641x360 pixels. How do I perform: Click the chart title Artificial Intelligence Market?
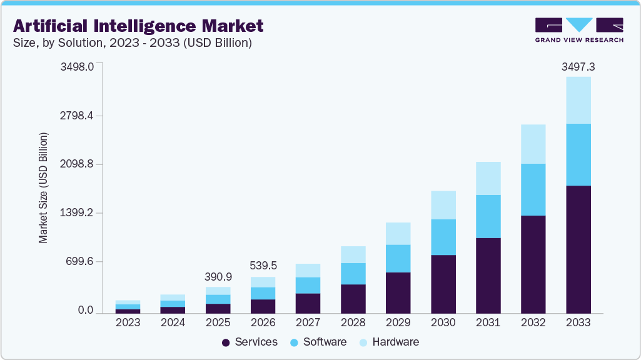pos(138,26)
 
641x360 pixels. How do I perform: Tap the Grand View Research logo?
pos(579,29)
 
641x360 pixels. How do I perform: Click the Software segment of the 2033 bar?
pos(578,154)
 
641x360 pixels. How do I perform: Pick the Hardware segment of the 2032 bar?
pos(533,144)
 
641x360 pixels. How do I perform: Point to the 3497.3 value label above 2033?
pos(578,66)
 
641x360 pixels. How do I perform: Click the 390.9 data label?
pos(218,276)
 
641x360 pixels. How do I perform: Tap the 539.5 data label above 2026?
pos(263,266)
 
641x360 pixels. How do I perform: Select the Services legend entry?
pos(250,342)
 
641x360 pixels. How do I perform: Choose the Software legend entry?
pos(318,342)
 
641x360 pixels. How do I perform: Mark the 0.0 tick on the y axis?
pos(85,311)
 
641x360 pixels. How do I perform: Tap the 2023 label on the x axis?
pos(128,323)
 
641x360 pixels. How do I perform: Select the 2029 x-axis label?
pos(398,323)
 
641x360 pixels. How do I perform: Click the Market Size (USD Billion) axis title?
pos(43,187)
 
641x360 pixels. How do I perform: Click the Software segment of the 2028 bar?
pos(353,273)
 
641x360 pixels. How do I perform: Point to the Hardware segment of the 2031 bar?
pos(488,178)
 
